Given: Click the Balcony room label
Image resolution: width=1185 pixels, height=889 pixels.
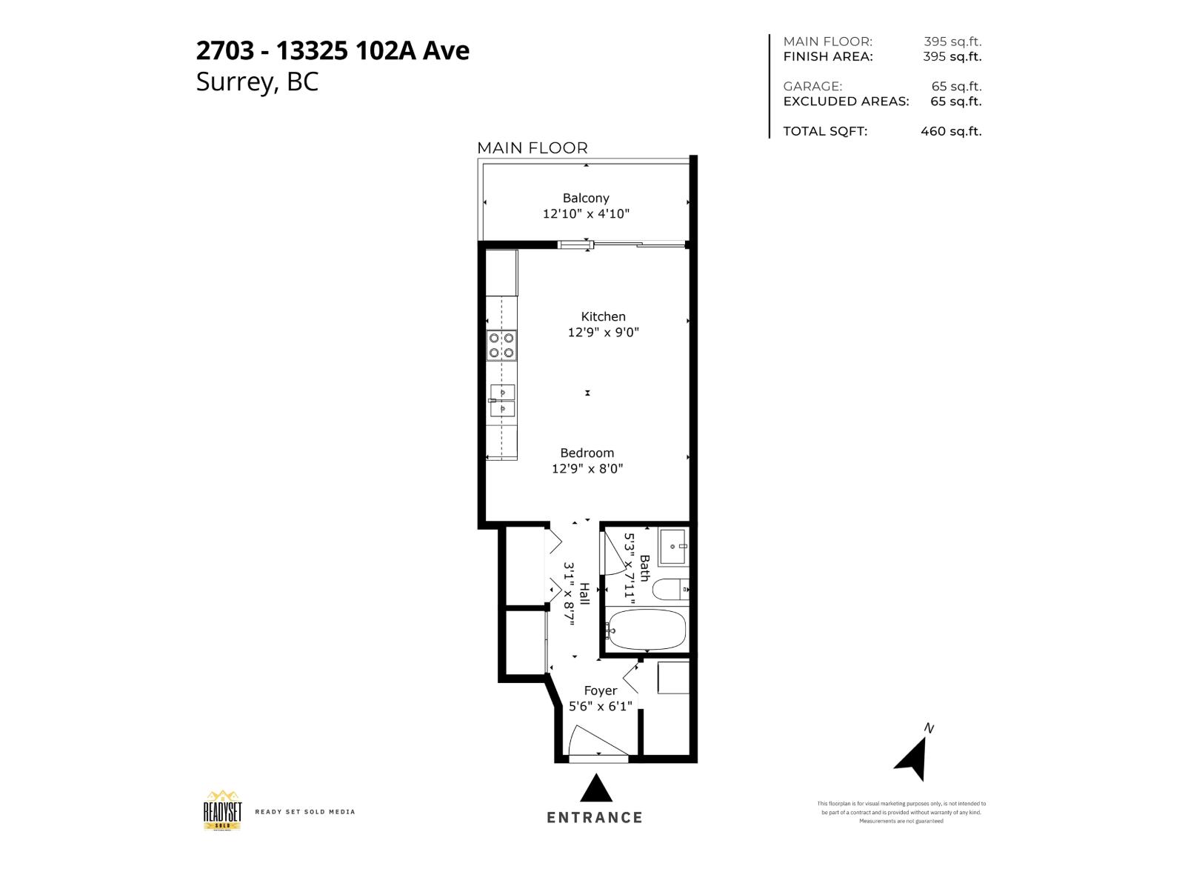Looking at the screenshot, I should tap(586, 198).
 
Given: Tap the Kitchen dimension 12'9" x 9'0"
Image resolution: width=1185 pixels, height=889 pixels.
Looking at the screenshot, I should tap(603, 333).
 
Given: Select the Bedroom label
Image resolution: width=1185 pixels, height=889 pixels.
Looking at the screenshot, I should tap(587, 453).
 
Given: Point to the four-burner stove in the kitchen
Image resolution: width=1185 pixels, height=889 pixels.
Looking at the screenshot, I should tap(502, 345).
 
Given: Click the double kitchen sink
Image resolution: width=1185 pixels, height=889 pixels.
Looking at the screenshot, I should tap(502, 400).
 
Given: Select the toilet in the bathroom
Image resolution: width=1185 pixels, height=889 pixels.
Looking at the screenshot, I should tap(670, 590).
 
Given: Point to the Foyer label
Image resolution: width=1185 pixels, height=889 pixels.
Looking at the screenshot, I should tap(600, 690).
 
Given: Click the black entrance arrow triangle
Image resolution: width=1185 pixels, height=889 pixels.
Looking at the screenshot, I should tap(596, 790).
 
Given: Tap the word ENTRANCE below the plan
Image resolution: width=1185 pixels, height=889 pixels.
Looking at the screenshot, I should tap(595, 818).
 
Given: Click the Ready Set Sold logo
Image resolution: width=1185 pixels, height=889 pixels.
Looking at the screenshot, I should tap(222, 810).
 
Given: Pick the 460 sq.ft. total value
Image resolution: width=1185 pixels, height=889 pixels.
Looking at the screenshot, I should tap(951, 131).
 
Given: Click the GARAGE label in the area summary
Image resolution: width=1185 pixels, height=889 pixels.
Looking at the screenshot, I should tap(812, 86).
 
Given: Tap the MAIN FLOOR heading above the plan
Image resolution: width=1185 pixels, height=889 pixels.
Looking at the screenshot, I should tap(532, 148).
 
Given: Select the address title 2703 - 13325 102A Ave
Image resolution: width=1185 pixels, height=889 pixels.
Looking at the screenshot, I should tap(333, 50).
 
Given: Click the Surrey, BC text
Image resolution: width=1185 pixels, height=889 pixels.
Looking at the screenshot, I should tap(257, 81).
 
